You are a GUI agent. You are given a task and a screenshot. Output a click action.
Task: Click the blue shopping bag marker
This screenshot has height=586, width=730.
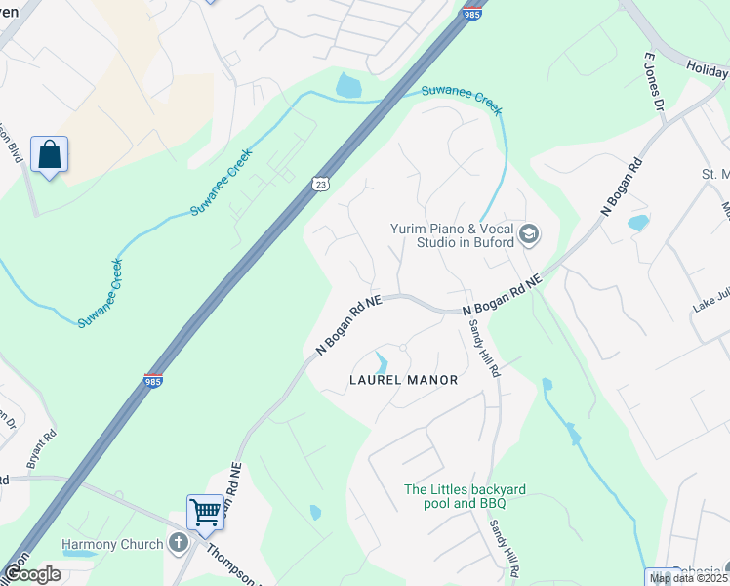[x=49, y=155]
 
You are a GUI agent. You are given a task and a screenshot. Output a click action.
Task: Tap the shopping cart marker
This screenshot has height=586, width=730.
[x=205, y=511]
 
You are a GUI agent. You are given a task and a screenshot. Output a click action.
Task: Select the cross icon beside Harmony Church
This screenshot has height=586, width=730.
[x=178, y=543]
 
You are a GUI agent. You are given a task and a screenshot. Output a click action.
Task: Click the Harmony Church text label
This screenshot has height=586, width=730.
[x=112, y=544]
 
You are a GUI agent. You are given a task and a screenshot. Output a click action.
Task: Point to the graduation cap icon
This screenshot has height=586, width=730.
[x=528, y=233]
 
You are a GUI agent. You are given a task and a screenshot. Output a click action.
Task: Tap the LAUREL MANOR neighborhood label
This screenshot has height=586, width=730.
[x=403, y=379]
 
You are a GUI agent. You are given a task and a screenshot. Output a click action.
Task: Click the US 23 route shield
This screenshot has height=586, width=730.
[x=321, y=184]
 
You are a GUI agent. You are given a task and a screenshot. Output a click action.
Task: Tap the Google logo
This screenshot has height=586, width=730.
[x=32, y=574]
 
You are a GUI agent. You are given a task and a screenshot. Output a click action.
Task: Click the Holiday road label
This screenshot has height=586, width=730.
[x=707, y=69]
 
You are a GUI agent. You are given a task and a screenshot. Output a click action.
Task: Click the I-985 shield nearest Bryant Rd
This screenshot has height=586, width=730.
[x=153, y=379]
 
